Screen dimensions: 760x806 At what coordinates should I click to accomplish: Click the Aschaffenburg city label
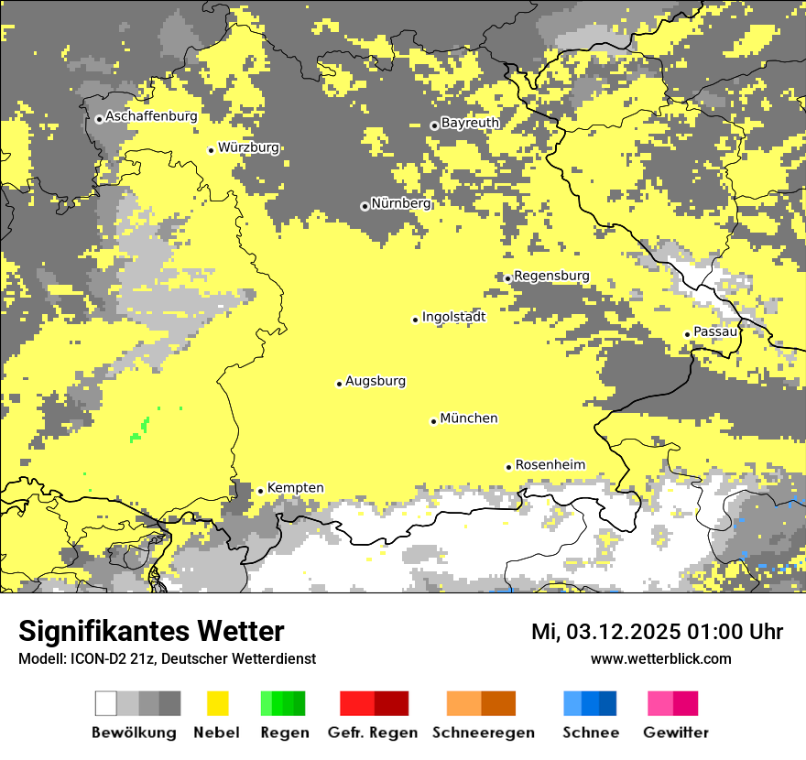(x=151, y=117)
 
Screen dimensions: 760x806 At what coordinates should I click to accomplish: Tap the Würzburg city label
(x=248, y=147)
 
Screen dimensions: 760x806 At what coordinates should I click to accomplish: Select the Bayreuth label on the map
(x=470, y=123)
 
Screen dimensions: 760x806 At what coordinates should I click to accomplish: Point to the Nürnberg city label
(x=401, y=203)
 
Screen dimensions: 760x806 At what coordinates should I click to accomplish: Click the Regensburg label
(x=551, y=276)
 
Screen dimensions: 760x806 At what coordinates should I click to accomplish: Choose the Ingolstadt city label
(x=453, y=317)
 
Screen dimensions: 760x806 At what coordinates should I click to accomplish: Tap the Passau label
(x=715, y=331)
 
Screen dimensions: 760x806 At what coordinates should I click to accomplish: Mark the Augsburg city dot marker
(x=339, y=384)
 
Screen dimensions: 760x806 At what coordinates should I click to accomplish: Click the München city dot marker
(x=434, y=421)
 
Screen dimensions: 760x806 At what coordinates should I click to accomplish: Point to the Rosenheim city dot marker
(x=509, y=467)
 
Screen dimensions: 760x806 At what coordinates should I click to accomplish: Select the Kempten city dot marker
(x=261, y=491)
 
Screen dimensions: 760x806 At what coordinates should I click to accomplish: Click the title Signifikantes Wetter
(x=151, y=632)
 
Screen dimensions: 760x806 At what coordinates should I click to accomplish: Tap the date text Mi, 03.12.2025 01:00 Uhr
(x=657, y=632)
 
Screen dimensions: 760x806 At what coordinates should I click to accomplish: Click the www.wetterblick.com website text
(x=660, y=658)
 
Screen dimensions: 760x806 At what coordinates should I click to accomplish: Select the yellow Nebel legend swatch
(x=218, y=703)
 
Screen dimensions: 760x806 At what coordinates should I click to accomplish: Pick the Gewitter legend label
(x=676, y=733)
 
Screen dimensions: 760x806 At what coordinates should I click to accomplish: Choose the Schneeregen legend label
(x=484, y=733)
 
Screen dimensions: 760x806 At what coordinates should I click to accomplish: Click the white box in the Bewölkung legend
(x=106, y=703)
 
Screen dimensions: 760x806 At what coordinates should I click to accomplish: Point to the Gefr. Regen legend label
(x=373, y=733)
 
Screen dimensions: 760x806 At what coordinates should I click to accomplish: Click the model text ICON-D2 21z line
(x=167, y=658)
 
